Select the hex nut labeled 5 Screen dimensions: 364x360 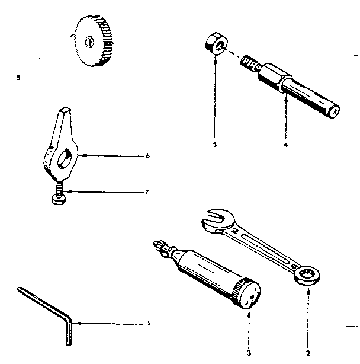pyautogui.click(x=214, y=43)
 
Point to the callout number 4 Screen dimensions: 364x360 pyautogui.click(x=285, y=143)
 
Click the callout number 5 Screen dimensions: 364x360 pyautogui.click(x=215, y=143)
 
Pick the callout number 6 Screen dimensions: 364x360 pyautogui.click(x=147, y=156)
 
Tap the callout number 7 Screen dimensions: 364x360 pyautogui.click(x=147, y=191)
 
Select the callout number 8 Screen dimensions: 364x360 pyautogui.click(x=20, y=77)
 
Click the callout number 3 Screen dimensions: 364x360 pyautogui.click(x=249, y=353)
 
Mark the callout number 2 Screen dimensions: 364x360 pyautogui.click(x=308, y=353)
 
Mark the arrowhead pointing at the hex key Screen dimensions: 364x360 pyautogui.click(x=75, y=323)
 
